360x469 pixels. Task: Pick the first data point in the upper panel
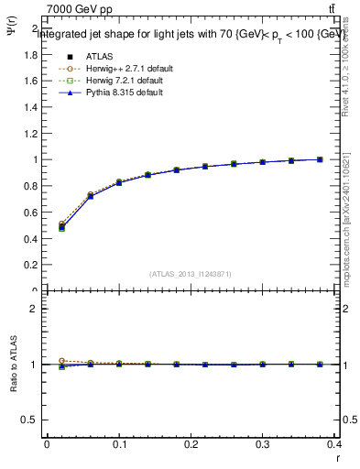pos(61,226)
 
